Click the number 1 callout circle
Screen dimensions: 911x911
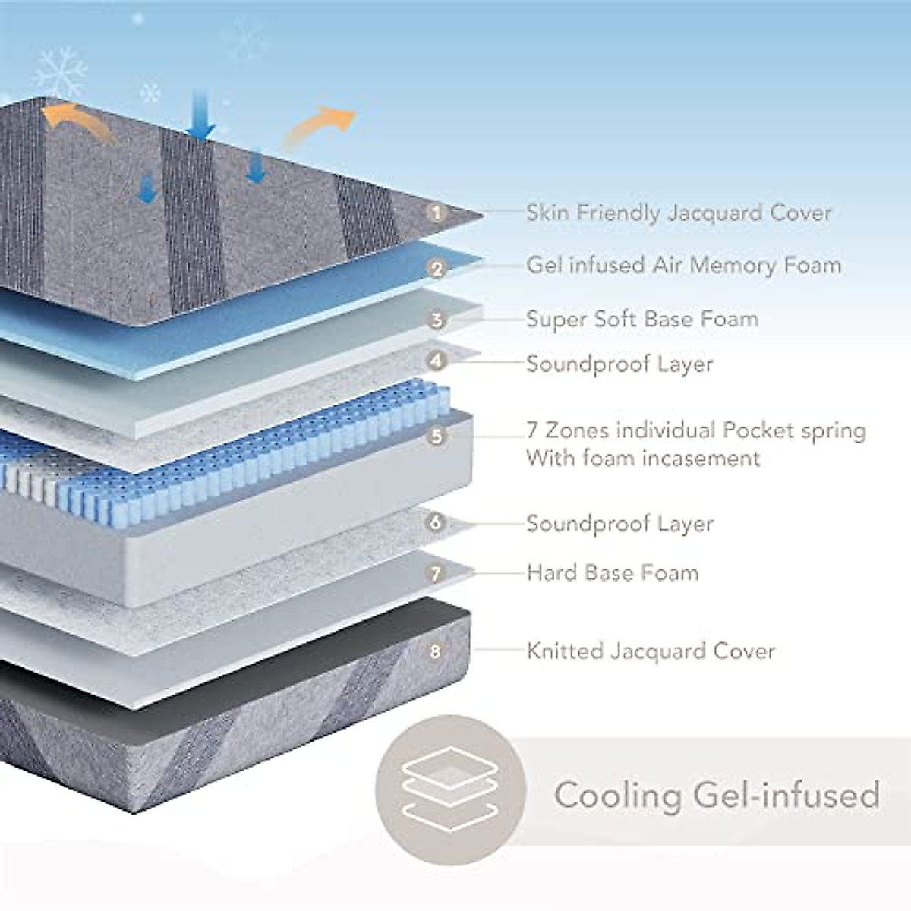tap(436, 213)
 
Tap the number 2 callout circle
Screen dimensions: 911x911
tap(436, 268)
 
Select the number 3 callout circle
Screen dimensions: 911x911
tap(436, 320)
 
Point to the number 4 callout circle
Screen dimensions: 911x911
tap(436, 360)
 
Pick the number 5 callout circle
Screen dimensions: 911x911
tap(436, 437)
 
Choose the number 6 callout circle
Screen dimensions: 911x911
tap(436, 522)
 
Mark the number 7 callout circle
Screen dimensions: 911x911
tap(436, 573)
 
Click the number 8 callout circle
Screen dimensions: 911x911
tap(436, 651)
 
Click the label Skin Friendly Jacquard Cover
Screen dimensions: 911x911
tap(679, 213)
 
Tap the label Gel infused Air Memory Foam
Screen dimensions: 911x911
tap(683, 265)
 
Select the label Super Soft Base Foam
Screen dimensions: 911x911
tap(642, 319)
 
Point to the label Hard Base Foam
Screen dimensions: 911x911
tap(613, 572)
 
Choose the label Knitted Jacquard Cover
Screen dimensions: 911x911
tap(651, 651)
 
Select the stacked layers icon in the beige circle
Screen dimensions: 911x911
tap(450, 790)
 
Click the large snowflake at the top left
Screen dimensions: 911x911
tap(60, 74)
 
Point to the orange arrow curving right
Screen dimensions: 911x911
tap(319, 126)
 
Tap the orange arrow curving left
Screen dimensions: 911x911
tap(76, 121)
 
